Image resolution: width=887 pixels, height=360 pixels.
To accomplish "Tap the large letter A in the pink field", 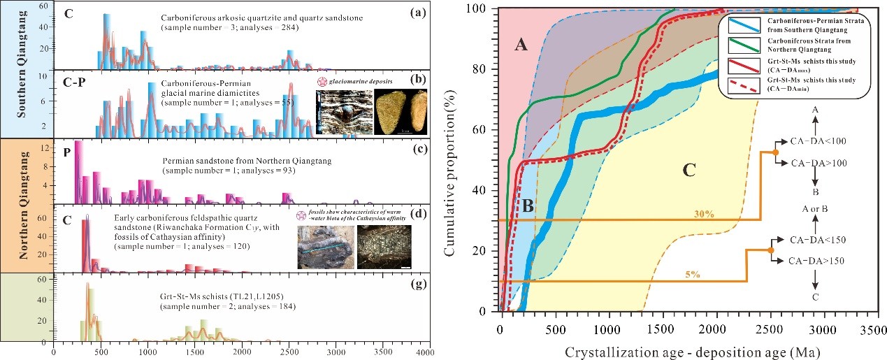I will (520, 45).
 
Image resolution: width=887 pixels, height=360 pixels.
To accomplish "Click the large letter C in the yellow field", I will (689, 169).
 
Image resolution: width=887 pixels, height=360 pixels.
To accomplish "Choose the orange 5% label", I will (694, 275).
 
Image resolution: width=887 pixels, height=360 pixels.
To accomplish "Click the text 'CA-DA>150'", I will (814, 261).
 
